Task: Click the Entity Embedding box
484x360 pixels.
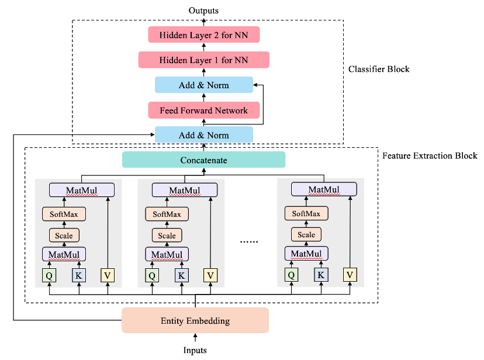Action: click(x=195, y=320)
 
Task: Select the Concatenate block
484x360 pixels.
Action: click(x=203, y=160)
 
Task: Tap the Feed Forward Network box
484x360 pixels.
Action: click(x=203, y=110)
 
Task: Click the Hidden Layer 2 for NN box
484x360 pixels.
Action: click(x=203, y=34)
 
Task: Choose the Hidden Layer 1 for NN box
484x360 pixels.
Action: click(x=203, y=60)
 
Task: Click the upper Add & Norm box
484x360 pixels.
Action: click(x=203, y=85)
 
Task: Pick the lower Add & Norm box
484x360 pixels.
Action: click(x=203, y=135)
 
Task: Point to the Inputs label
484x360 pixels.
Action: click(x=195, y=350)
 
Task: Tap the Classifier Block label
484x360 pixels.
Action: click(x=379, y=69)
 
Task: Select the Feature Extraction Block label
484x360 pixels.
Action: click(x=430, y=155)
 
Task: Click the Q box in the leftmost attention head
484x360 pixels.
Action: click(x=50, y=275)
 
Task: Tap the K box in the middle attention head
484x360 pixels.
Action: click(x=181, y=275)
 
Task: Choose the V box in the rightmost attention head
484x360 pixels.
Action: click(x=350, y=275)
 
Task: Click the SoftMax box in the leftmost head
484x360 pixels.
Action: click(x=64, y=214)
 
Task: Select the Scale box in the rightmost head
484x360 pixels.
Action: click(x=306, y=235)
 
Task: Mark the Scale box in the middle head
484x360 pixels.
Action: click(x=167, y=236)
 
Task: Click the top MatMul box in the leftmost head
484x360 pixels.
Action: click(x=82, y=190)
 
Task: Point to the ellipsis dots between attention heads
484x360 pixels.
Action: click(x=249, y=240)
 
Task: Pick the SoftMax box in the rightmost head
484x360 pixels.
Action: click(x=306, y=214)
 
